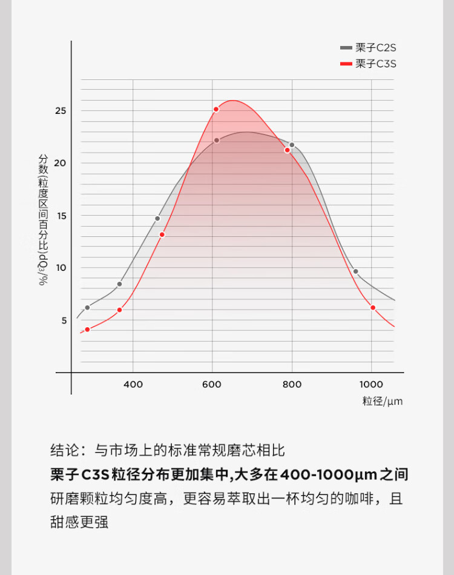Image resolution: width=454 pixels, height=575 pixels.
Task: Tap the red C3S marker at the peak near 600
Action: (216, 109)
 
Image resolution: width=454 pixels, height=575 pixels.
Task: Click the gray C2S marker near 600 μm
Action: (217, 140)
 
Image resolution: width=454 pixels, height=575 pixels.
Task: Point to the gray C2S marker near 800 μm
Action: (292, 145)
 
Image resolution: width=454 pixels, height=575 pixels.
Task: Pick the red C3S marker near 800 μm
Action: (288, 150)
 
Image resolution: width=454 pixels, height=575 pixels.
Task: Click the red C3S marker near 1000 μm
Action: (373, 308)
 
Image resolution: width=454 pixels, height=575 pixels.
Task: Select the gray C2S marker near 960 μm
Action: (355, 271)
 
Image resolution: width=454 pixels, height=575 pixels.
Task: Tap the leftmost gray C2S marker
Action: (87, 307)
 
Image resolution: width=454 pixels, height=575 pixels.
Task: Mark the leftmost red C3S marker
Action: (87, 329)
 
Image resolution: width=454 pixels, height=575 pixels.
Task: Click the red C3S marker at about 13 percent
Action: (162, 234)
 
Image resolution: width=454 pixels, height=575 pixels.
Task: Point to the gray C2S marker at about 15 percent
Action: (157, 218)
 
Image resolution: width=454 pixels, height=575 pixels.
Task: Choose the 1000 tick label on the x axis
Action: (371, 384)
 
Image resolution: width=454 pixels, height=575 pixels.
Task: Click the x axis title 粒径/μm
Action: (383, 401)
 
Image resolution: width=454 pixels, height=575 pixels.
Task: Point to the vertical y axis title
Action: (43, 219)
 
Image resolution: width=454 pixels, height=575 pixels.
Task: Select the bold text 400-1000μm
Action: (328, 474)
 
